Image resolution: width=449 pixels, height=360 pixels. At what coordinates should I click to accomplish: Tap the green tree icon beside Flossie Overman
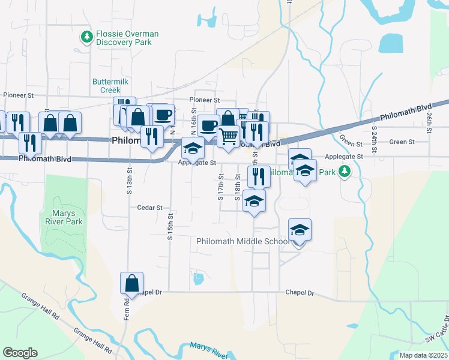pyautogui.click(x=88, y=37)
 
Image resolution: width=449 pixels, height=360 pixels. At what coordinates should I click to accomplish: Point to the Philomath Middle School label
pyautogui.click(x=243, y=241)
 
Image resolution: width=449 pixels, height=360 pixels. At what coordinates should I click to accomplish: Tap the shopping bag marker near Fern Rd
pyautogui.click(x=132, y=283)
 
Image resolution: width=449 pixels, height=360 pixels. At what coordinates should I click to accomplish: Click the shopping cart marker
pyautogui.click(x=228, y=136)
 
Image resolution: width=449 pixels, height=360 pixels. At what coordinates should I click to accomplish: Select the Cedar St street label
pyautogui.click(x=150, y=208)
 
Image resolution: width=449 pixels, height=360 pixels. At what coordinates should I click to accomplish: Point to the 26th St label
pyautogui.click(x=429, y=122)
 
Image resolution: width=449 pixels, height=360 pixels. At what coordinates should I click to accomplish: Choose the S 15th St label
pyautogui.click(x=170, y=226)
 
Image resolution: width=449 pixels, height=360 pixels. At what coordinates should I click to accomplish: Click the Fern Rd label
pyautogui.click(x=127, y=308)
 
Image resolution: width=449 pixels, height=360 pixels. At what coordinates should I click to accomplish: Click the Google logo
pyautogui.click(x=20, y=353)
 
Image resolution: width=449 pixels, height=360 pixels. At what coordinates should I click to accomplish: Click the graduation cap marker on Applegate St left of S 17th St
pyautogui.click(x=193, y=148)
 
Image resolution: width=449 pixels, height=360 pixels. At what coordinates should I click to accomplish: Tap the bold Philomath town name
pyautogui.click(x=126, y=140)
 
